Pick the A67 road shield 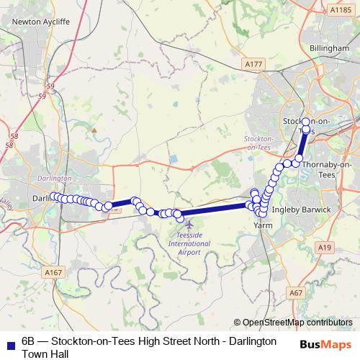pos(295,292)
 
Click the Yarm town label pos(261,225)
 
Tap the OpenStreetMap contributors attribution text pos(297,323)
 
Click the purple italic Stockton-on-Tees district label pos(259,142)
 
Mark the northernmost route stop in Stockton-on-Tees pos(305,121)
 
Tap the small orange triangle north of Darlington pos(93,130)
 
